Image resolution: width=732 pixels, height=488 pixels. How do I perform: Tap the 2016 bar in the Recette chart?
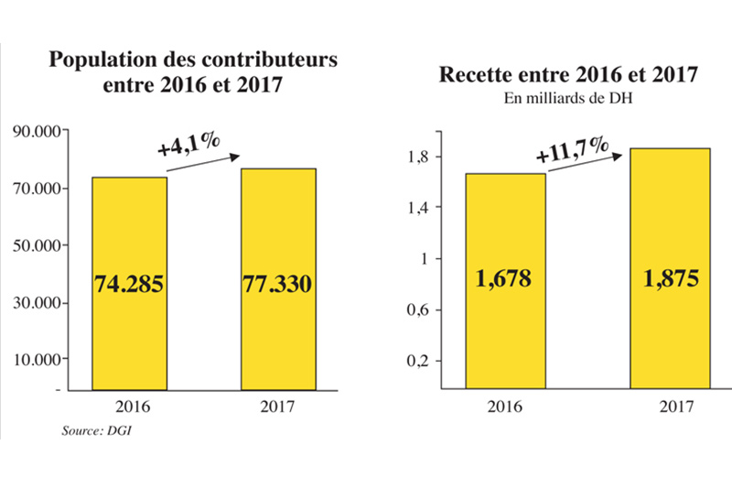(506, 229)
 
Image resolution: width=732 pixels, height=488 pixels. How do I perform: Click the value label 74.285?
(128, 283)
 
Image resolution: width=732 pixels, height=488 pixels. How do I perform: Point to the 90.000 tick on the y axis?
(37, 132)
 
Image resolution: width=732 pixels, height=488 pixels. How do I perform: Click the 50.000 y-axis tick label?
(37, 245)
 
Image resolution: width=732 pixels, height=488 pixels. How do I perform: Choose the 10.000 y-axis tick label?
(37, 359)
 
